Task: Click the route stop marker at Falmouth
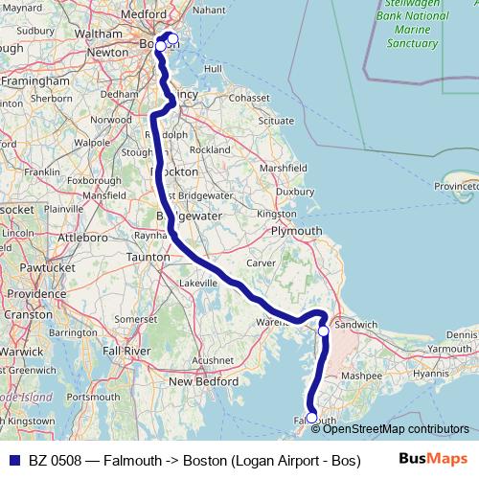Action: tap(311, 418)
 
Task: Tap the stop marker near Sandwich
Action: tap(324, 331)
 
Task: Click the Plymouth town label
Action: tap(297, 232)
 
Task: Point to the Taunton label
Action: tap(148, 258)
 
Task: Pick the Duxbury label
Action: tap(295, 191)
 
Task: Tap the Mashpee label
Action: tap(362, 376)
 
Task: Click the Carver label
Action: tap(262, 262)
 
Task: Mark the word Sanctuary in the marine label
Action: tap(410, 43)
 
